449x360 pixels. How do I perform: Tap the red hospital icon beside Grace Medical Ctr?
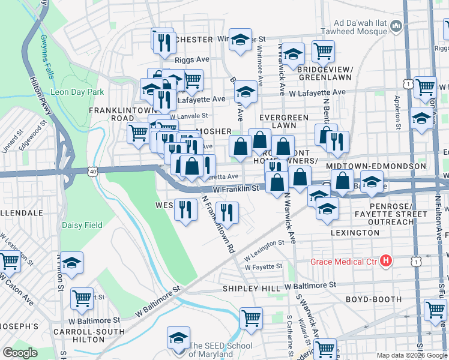coord(387,261)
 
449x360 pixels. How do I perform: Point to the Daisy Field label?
coord(82,226)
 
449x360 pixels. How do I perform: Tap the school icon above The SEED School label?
coord(178,337)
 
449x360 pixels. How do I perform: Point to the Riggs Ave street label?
coord(191,60)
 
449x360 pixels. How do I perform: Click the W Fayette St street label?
coord(264,266)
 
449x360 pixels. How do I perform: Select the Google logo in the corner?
coord(20,353)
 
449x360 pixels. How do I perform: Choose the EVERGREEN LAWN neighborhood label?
coord(284,121)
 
